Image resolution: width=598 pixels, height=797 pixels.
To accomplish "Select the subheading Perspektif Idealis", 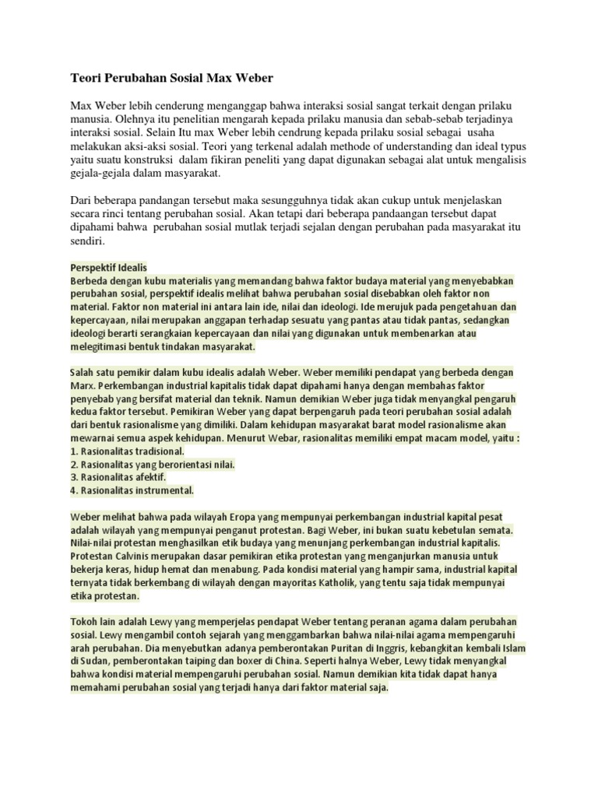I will coord(108,267).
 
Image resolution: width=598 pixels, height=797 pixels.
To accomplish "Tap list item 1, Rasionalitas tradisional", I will coord(127,451).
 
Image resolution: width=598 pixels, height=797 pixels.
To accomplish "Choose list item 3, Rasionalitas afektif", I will coord(118,476).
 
